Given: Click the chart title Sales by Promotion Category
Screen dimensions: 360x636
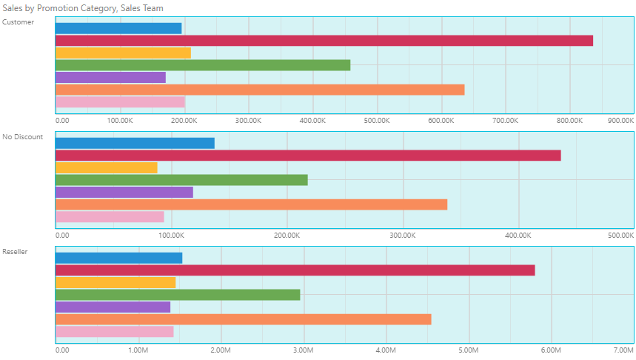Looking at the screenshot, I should click(x=83, y=7).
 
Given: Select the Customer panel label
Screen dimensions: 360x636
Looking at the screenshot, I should click(x=18, y=21).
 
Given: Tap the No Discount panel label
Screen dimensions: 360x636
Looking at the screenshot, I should click(x=23, y=136).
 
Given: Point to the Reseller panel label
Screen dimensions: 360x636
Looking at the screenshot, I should click(x=16, y=251).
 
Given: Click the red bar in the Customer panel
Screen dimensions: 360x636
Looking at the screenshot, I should click(x=324, y=41).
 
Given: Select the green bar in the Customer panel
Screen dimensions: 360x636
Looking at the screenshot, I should click(x=203, y=65).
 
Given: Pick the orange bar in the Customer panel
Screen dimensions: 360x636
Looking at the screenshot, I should click(x=260, y=90).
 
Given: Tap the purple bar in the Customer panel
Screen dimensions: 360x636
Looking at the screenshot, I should click(x=110, y=77).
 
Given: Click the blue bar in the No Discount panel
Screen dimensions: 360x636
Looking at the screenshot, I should click(x=135, y=143).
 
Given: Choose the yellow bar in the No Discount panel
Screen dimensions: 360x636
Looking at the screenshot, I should click(x=107, y=167).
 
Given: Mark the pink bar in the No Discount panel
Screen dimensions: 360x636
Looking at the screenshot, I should click(x=110, y=216).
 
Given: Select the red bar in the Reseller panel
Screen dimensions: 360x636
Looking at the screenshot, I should click(x=295, y=270).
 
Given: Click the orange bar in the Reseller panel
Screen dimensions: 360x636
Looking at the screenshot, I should click(x=243, y=319).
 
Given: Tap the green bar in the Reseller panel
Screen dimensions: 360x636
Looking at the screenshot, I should click(x=178, y=295).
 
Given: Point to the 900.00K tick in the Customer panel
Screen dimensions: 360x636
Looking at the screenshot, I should click(x=620, y=120).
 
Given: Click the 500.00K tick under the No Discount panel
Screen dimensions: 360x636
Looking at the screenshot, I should click(x=620, y=235).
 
